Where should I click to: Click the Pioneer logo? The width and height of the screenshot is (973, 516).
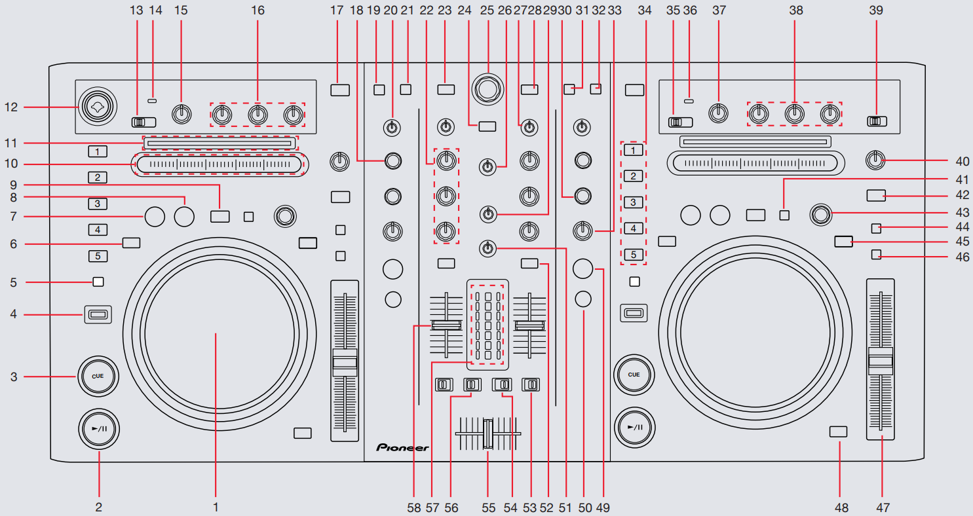point(402,448)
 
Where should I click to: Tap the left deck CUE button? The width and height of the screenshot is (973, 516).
point(98,376)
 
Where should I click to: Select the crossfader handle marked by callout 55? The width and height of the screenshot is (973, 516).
point(487,434)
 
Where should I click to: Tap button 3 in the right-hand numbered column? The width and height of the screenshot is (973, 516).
point(633,202)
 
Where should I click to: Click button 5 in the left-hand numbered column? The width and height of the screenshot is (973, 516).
point(97,256)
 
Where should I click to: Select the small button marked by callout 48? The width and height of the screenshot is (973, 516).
point(838,432)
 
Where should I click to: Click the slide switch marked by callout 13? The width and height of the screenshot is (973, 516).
point(143,122)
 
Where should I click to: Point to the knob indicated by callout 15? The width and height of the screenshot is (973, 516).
point(181,114)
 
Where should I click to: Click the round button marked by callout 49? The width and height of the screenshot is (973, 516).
point(582,268)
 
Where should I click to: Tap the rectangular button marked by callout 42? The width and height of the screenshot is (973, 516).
point(875,195)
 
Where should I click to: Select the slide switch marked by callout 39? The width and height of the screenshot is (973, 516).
point(877,121)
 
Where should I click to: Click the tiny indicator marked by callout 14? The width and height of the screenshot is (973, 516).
point(153,101)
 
